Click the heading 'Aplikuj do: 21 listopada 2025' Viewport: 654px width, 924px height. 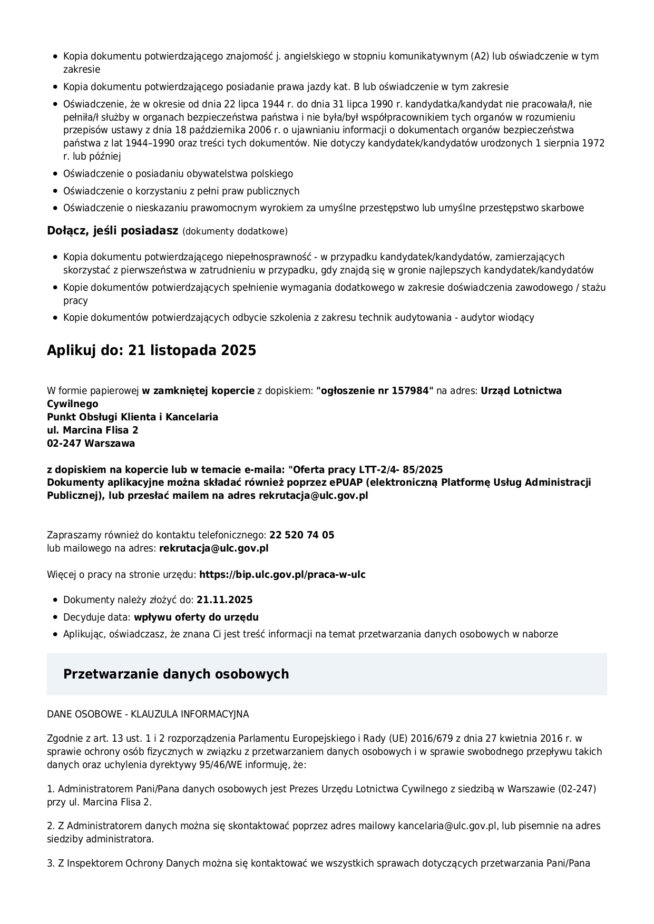(x=151, y=350)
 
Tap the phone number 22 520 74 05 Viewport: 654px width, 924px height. (x=301, y=535)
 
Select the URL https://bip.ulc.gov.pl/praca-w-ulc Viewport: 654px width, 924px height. (x=282, y=574)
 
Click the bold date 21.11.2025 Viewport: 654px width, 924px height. (x=224, y=600)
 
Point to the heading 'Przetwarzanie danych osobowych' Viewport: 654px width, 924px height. (x=176, y=674)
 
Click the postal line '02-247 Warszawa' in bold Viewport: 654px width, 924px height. (x=91, y=443)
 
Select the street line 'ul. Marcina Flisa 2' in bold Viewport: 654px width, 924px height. (x=93, y=430)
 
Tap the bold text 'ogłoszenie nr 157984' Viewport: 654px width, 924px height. (x=375, y=391)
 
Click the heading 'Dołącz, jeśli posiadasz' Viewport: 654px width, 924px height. (x=112, y=231)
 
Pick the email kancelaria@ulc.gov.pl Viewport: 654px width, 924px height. (x=447, y=826)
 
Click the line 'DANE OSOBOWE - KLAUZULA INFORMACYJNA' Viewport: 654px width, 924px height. (x=148, y=714)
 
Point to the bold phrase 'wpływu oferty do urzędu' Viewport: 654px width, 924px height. (x=196, y=617)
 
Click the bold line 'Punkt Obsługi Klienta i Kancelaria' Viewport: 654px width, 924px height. (x=132, y=417)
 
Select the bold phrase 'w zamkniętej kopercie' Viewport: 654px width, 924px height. (x=198, y=391)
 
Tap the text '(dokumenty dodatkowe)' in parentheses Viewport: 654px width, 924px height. (x=235, y=231)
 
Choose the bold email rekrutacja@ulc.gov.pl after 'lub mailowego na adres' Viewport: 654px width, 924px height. (x=213, y=548)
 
